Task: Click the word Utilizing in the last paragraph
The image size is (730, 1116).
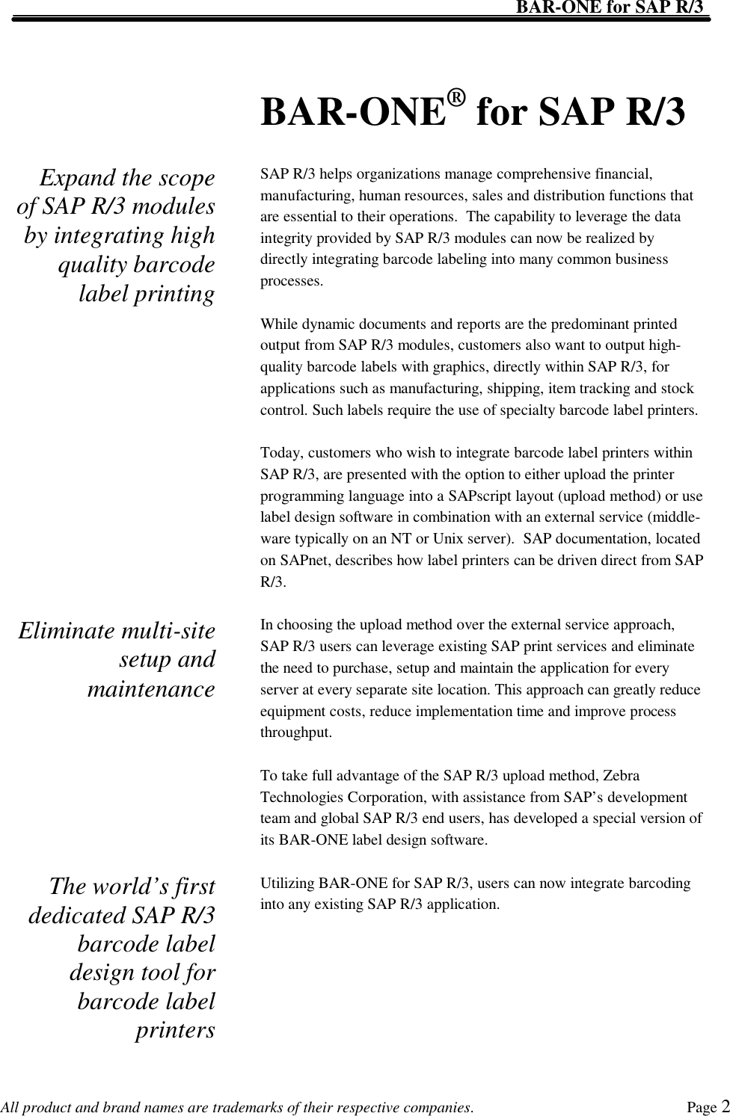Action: (287, 884)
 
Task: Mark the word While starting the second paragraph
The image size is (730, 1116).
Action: (279, 324)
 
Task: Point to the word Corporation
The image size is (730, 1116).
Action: (375, 798)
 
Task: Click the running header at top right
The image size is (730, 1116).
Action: (610, 7)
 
